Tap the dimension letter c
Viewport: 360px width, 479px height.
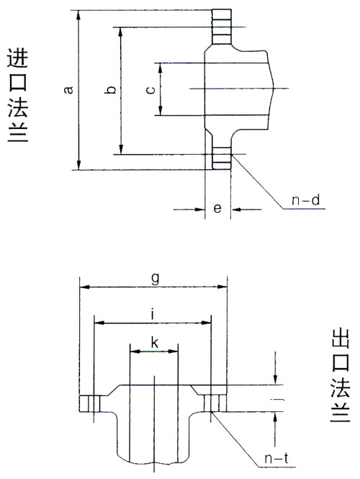(150, 90)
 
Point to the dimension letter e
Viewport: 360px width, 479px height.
(217, 208)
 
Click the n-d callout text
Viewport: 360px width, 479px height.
(306, 200)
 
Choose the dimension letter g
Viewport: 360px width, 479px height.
(155, 278)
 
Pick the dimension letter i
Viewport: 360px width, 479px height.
(153, 315)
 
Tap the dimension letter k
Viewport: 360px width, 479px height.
(155, 342)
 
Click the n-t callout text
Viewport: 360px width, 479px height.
(276, 458)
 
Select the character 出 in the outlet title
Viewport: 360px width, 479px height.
(340, 338)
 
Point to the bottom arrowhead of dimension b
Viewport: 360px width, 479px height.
(121, 149)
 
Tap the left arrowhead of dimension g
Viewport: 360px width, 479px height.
(85, 287)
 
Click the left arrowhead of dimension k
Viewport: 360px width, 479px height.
(135, 352)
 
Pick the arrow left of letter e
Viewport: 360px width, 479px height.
(189, 210)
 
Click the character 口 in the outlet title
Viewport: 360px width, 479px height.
(340, 362)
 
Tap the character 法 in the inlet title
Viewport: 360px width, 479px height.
(18, 108)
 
